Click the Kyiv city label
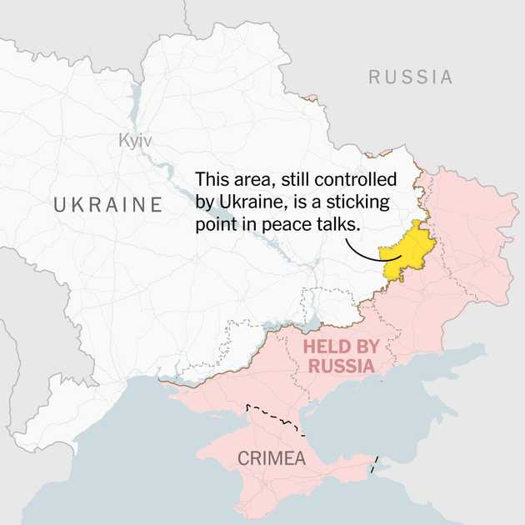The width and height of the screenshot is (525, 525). (135, 142)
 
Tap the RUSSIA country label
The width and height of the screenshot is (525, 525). (411, 78)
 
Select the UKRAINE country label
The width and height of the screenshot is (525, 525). (107, 205)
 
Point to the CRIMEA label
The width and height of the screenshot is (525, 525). (272, 458)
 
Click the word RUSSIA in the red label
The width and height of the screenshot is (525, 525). (342, 366)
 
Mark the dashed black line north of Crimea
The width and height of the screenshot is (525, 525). (274, 417)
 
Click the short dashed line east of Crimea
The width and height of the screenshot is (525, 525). (376, 462)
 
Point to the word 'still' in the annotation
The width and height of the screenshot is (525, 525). (302, 180)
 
